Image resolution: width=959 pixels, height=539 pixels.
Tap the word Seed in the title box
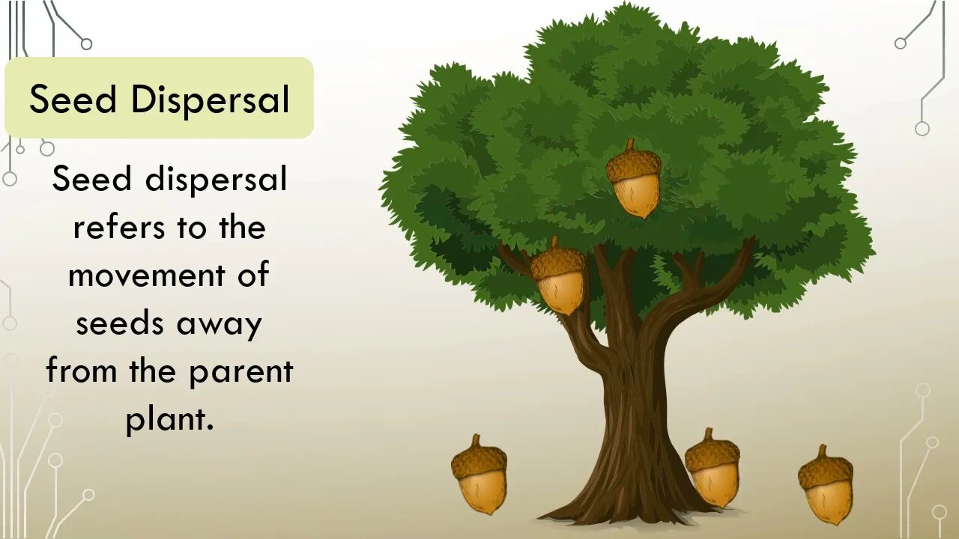[73, 100]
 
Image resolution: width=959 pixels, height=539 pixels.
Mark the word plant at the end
[169, 420]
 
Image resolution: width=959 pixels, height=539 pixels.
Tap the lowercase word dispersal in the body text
[216, 180]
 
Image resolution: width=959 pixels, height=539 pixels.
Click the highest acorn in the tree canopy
[635, 180]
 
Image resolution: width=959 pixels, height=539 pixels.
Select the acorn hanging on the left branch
[559, 278]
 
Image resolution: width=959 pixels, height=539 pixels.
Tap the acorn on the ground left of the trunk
[479, 476]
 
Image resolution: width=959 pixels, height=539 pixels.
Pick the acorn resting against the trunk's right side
[713, 470]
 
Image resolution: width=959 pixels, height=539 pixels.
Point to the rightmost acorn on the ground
[826, 487]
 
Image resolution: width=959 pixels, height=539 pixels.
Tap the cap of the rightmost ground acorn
[825, 467]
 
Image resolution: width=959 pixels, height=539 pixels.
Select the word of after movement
[254, 275]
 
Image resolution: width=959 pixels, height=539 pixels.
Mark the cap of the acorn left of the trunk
[478, 457]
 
